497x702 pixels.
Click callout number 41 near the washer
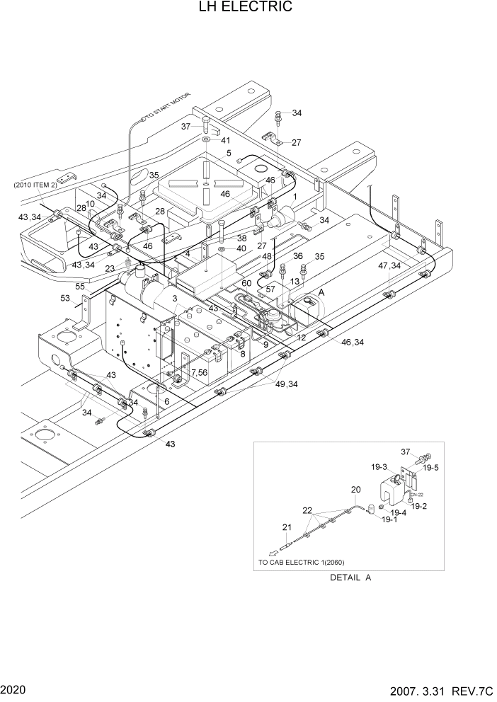(225, 141)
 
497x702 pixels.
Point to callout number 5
(229, 153)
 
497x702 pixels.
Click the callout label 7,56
(198, 373)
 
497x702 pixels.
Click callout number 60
(246, 283)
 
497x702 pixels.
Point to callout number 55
(80, 286)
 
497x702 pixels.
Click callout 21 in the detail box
(287, 527)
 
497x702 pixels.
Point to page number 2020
(15, 689)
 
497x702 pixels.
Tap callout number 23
(110, 268)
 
